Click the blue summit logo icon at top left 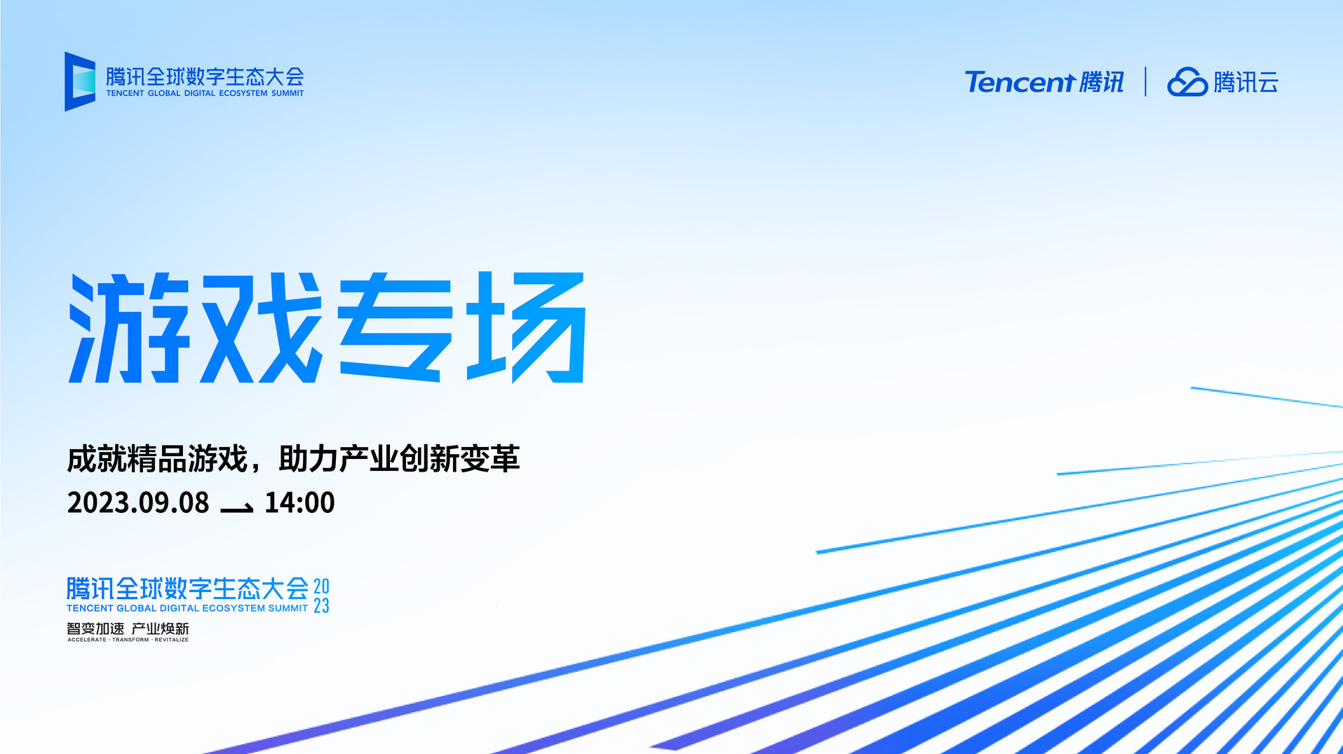click(80, 81)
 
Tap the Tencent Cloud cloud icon click(1187, 82)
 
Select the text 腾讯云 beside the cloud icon click(1246, 82)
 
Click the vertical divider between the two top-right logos click(1145, 81)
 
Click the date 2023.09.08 click(138, 503)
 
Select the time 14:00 click(299, 503)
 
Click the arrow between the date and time click(237, 508)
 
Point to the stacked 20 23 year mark click(321, 596)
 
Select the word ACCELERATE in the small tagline click(87, 640)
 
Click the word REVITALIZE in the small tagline click(172, 640)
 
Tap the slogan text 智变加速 click(95, 629)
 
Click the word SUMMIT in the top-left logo click(288, 93)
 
